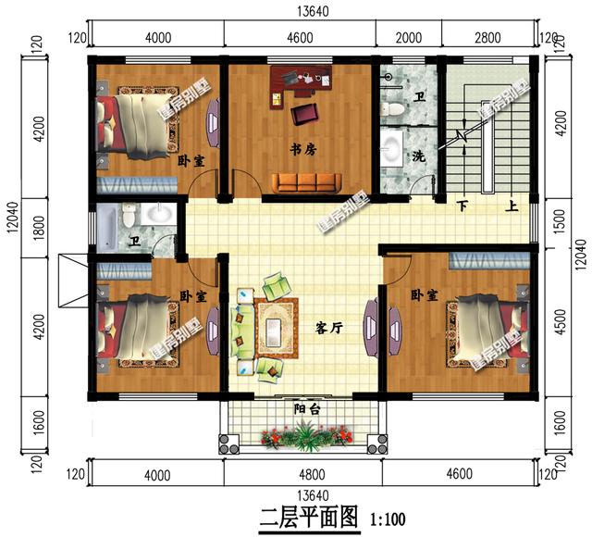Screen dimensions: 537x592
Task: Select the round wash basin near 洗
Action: pyautogui.click(x=393, y=148)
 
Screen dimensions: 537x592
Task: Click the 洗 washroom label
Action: pyautogui.click(x=419, y=155)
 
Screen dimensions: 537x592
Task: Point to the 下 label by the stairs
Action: pyautogui.click(x=462, y=207)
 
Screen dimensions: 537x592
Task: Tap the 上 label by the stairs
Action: pyautogui.click(x=511, y=207)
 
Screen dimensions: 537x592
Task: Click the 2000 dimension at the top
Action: pyautogui.click(x=408, y=38)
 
